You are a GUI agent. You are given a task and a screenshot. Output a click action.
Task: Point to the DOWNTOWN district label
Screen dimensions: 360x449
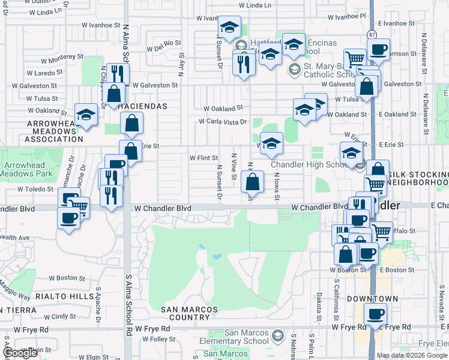click(x=373, y=298)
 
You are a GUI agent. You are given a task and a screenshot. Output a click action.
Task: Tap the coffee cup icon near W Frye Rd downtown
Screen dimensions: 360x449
click(x=375, y=314)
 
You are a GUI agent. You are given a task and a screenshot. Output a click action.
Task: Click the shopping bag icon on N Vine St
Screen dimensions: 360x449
click(x=253, y=182)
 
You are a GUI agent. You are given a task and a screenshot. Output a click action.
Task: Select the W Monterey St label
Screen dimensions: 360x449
click(x=62, y=57)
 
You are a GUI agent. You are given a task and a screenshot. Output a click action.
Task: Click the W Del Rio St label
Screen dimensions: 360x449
click(x=163, y=43)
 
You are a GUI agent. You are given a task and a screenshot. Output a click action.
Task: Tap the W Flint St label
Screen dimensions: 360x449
click(x=203, y=158)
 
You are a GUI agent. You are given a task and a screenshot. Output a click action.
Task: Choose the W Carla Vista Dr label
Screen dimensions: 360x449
click(x=223, y=122)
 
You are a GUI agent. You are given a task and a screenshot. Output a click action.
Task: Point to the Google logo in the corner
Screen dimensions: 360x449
click(x=20, y=353)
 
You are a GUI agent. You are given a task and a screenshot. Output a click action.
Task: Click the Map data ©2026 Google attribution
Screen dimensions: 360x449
click(x=412, y=355)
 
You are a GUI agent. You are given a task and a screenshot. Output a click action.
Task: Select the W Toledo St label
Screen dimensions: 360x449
click(x=35, y=188)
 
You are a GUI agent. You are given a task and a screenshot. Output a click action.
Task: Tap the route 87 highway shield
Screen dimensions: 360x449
click(x=372, y=34)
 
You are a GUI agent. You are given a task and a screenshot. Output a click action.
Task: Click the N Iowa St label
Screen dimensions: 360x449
click(x=277, y=187)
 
